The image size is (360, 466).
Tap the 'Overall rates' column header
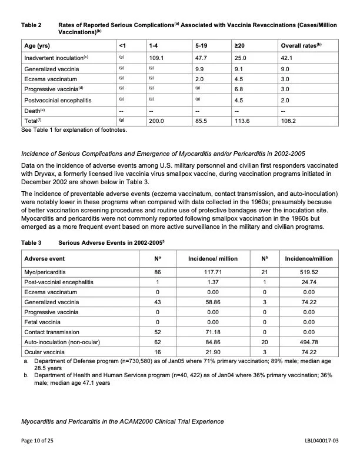[x=302, y=45]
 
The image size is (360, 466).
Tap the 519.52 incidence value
[x=308, y=272]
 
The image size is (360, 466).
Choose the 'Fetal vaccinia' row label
[x=44, y=322]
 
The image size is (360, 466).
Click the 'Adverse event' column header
[x=45, y=258]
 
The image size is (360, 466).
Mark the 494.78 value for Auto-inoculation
[x=308, y=342]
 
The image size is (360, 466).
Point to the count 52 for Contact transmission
[x=157, y=332]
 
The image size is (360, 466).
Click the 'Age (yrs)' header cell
[x=36, y=45]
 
